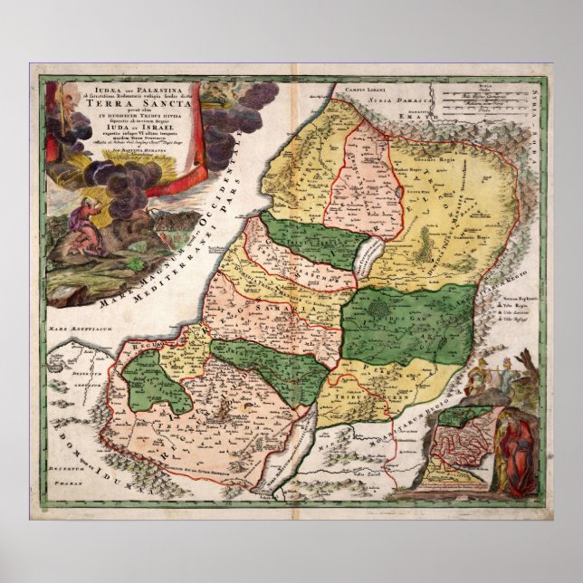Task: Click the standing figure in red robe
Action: [516, 454]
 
